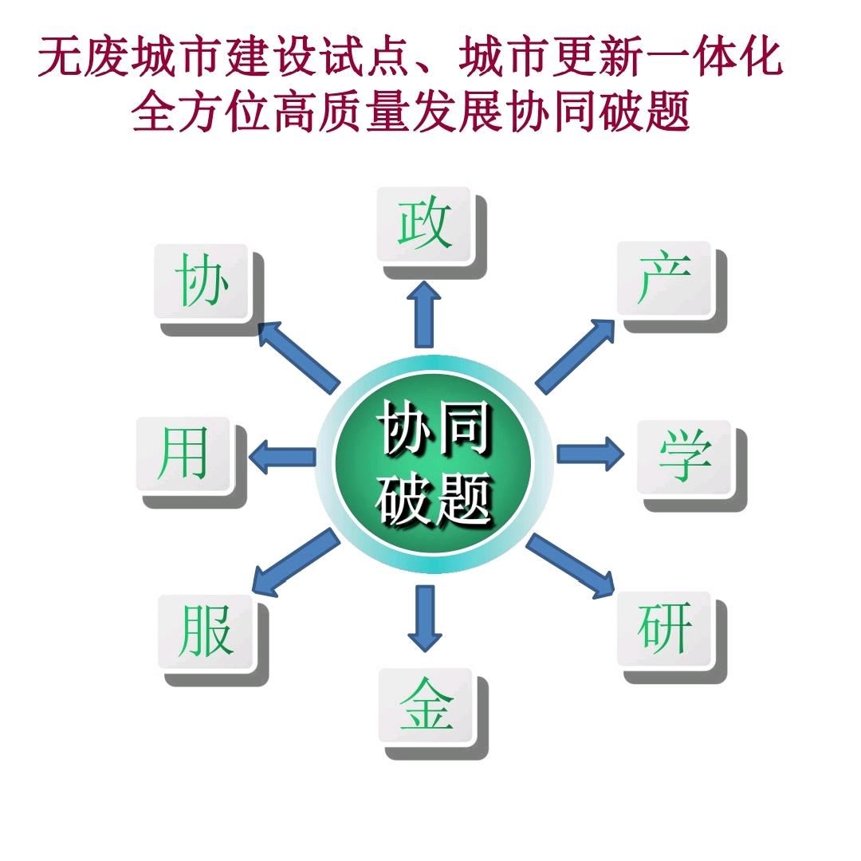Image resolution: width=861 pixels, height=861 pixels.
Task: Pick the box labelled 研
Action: (665, 629)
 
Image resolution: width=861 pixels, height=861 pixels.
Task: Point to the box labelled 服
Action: (206, 631)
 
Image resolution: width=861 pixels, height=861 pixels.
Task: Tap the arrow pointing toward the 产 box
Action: (575, 354)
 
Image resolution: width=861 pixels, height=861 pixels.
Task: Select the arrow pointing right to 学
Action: (591, 454)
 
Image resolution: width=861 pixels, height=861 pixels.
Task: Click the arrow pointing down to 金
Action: (424, 618)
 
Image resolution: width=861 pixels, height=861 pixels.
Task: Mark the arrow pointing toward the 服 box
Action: (294, 563)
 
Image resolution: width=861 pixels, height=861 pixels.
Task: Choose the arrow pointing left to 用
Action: (283, 457)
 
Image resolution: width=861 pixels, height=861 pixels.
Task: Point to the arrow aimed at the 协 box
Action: (299, 354)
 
